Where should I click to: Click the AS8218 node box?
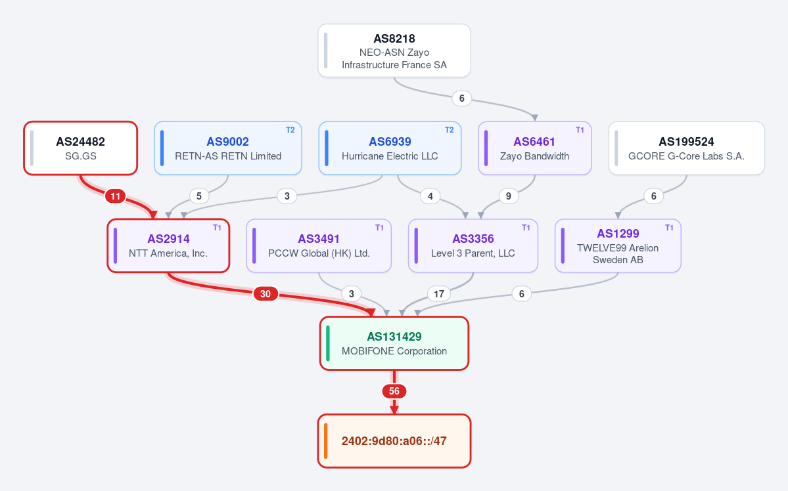coord(394,51)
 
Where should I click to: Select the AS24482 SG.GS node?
coord(80,148)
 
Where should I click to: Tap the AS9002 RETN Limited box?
coord(227,148)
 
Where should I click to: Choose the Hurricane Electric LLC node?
coord(390,148)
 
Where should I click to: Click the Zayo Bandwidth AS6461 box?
coord(535,148)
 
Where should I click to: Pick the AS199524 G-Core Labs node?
coord(687,148)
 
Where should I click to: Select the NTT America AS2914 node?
coord(168,245)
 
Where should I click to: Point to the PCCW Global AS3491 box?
coord(319,245)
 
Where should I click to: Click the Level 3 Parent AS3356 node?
coord(473,245)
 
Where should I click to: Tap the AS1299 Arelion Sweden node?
coord(618,245)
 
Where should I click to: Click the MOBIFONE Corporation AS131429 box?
coord(394,343)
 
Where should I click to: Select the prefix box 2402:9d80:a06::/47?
coord(394,441)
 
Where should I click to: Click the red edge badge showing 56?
coord(394,391)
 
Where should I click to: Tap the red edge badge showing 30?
coord(266,293)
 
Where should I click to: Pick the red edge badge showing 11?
coord(116,196)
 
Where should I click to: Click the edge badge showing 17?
coord(439,293)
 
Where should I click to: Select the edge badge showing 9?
coord(509,196)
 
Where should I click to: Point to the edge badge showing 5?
coord(199,196)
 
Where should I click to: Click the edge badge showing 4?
coord(430,196)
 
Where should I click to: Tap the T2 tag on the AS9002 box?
coord(290,130)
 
